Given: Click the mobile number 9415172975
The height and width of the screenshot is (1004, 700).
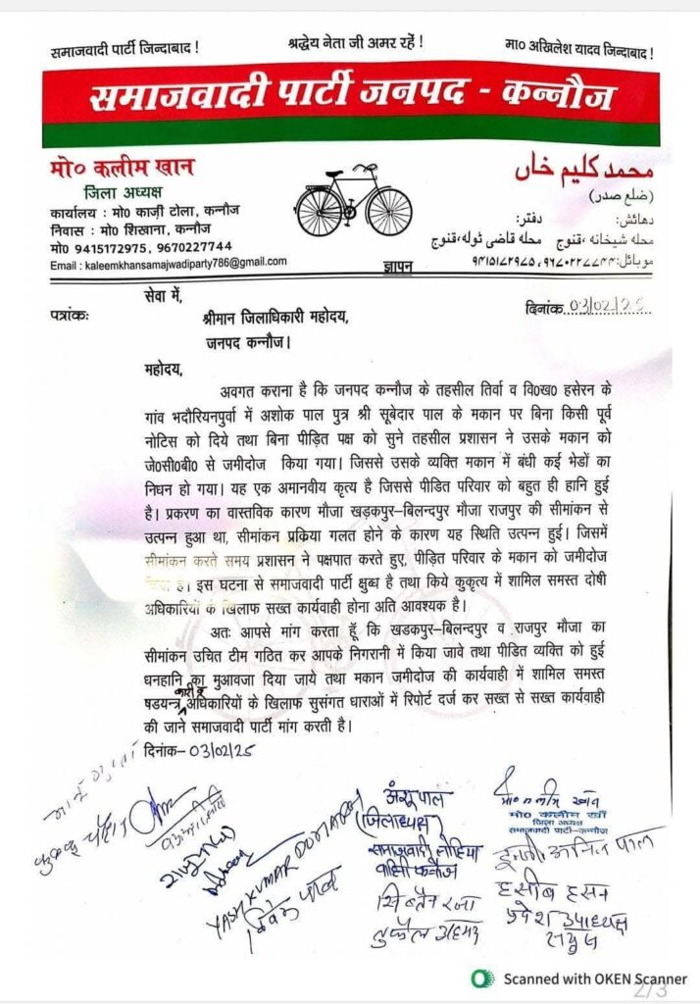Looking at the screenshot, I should pyautogui.click(x=105, y=247).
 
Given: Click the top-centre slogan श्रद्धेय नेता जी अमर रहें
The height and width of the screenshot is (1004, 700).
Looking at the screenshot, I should pyautogui.click(x=355, y=44).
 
